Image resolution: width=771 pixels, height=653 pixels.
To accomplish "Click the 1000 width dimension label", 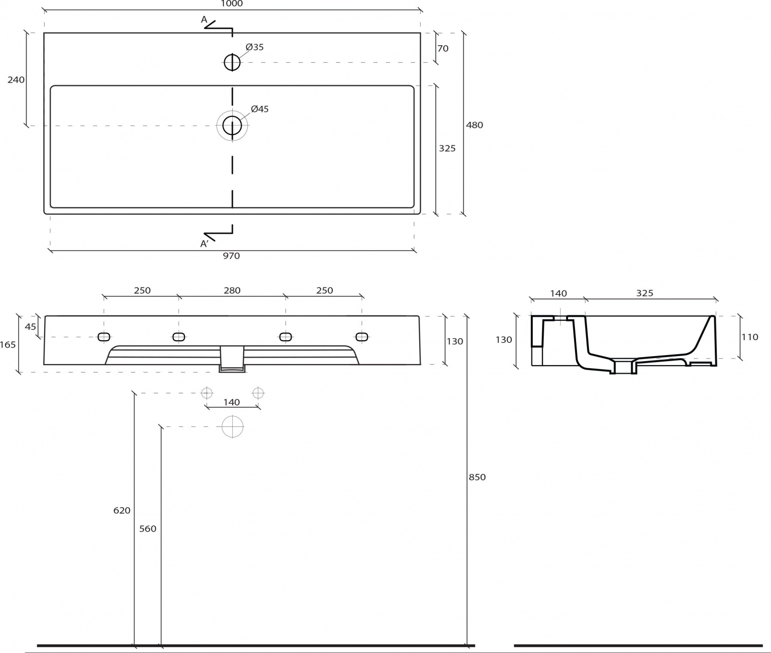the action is point(232,3).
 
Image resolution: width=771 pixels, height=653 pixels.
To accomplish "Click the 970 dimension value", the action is point(231,256).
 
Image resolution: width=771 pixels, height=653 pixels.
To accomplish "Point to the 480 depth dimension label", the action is point(474,125).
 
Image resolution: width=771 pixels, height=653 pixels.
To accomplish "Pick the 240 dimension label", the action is point(16,80).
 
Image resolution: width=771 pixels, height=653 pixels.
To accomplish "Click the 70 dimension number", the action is point(443,48).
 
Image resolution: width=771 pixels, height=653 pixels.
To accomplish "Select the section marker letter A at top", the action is point(204,19).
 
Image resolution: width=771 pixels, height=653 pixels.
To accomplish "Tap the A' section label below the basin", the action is point(204,244).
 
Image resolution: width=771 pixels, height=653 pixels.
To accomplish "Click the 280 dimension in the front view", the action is point(232,290).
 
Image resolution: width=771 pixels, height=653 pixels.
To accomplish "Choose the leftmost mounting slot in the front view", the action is point(104,337).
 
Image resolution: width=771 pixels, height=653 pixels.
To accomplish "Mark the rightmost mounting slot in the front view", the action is point(362,337).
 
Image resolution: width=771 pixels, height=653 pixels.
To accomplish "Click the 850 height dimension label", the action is point(477,477).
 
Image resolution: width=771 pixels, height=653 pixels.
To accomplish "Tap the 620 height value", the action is point(122,511).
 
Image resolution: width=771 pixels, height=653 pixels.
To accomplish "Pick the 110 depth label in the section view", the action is point(750,337).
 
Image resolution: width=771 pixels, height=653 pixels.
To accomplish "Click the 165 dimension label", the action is point(8,345).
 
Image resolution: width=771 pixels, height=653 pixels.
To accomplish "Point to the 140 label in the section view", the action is point(559,293).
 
